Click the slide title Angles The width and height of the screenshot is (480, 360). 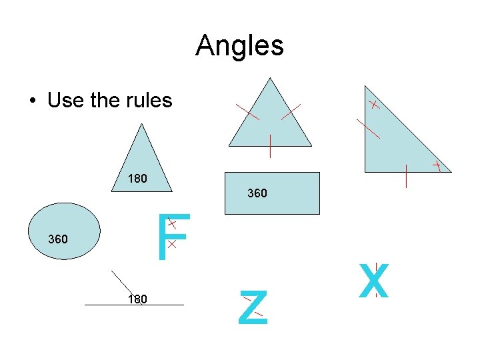pos(239,46)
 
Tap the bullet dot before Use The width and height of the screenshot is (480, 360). pos(33,101)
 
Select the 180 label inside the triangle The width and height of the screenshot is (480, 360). pos(138,179)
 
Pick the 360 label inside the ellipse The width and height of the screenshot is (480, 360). pos(58,239)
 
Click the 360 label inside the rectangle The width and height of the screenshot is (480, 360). pos(257,193)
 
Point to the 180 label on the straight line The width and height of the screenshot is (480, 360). pos(137,299)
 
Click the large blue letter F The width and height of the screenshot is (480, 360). pos(173,237)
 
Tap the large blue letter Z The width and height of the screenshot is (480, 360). pos(254,309)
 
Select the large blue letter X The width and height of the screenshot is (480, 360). pos(373,281)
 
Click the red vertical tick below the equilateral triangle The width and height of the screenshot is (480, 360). pos(270,146)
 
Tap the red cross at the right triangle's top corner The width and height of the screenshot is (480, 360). pos(375,105)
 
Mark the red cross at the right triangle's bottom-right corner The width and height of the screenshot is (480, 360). pos(437,164)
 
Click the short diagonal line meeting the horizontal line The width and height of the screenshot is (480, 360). pos(123,283)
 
